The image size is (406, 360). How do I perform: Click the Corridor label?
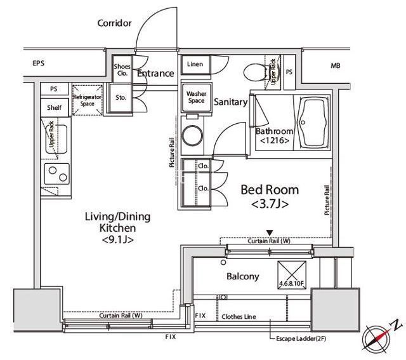(x=114, y=23)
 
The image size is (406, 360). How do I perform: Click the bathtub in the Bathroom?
(x=313, y=123)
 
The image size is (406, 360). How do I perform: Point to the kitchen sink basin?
(x=56, y=140)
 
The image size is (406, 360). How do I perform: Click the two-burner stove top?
(x=57, y=174)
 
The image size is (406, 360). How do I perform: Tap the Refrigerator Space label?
(x=88, y=100)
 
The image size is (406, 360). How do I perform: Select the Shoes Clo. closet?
(x=122, y=69)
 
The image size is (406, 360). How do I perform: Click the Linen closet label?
(x=195, y=64)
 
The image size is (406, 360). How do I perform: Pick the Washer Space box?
(x=197, y=97)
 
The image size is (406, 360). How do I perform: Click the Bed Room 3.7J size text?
(x=270, y=204)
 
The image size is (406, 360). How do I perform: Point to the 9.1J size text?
(x=118, y=239)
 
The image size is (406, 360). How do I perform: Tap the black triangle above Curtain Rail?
(x=270, y=233)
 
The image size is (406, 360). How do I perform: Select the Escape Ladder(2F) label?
(x=301, y=339)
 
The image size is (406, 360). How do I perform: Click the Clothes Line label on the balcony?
(x=239, y=317)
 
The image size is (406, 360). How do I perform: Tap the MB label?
(x=336, y=66)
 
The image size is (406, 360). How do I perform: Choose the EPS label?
(x=38, y=63)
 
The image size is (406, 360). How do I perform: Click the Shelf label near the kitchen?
(x=55, y=107)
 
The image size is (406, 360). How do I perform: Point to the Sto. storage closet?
(x=121, y=98)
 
